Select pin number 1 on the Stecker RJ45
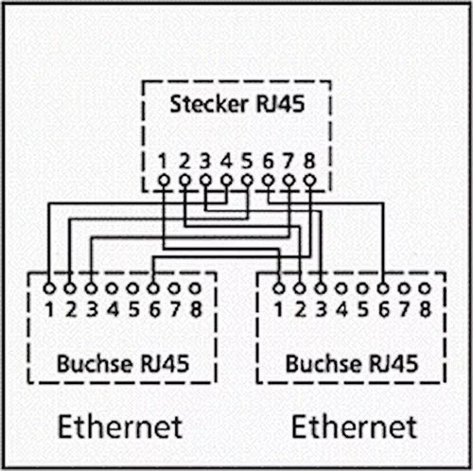pyautogui.click(x=164, y=159)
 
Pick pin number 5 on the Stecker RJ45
pyautogui.click(x=247, y=159)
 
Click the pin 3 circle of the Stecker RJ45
pyautogui.click(x=205, y=179)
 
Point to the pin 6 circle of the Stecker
pyautogui.click(x=268, y=179)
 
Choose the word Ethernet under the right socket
pyautogui.click(x=354, y=426)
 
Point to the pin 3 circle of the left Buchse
pyautogui.click(x=91, y=284)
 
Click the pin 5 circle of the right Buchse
pyautogui.click(x=362, y=284)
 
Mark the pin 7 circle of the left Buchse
pyautogui.click(x=174, y=284)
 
